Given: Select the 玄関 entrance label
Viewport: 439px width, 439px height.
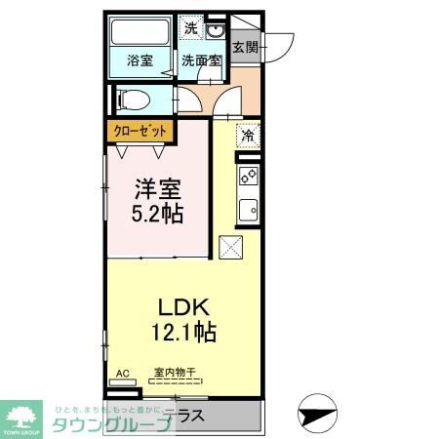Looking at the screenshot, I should tap(245, 46).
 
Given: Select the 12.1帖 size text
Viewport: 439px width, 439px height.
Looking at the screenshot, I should tap(183, 332).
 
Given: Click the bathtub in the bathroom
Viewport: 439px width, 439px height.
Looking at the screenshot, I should tap(140, 33).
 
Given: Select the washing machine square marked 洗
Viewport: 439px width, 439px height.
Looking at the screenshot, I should tap(191, 28).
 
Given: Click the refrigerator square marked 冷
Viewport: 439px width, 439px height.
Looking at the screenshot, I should tap(248, 135).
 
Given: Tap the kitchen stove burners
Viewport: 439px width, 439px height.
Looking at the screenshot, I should tap(248, 177).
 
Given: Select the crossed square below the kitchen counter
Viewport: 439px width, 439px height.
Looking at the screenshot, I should tap(233, 248).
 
